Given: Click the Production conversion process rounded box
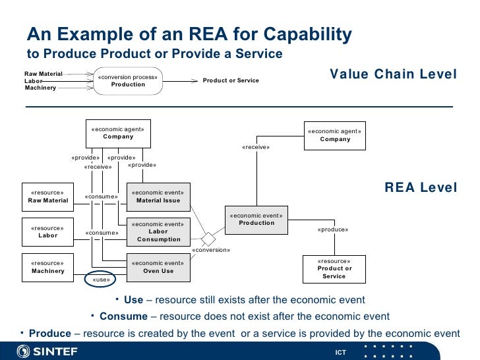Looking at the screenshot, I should [x=128, y=80].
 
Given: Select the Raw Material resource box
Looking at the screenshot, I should [x=48, y=196].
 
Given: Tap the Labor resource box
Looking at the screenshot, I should [x=48, y=231].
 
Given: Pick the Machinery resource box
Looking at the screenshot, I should [x=48, y=267].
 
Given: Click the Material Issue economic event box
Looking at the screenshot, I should [x=158, y=196].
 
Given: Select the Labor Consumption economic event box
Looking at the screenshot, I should [x=158, y=231].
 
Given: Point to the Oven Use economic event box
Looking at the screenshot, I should [x=158, y=267].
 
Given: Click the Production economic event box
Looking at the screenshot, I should [x=256, y=220].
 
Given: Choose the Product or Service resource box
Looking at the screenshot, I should [x=334, y=268].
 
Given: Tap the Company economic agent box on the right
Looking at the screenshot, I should [x=335, y=135].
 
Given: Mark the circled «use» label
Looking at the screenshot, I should [x=101, y=280].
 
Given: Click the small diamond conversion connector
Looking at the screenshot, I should [x=208, y=237].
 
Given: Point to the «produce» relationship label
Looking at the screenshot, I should [x=332, y=229].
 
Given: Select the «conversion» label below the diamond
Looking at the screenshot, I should [x=211, y=251].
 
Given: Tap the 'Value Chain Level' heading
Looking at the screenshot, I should [x=393, y=75].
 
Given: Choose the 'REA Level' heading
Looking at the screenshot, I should [x=420, y=188].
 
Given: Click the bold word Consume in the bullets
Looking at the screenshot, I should [x=123, y=316].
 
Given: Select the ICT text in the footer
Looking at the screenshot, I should [x=340, y=353].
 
